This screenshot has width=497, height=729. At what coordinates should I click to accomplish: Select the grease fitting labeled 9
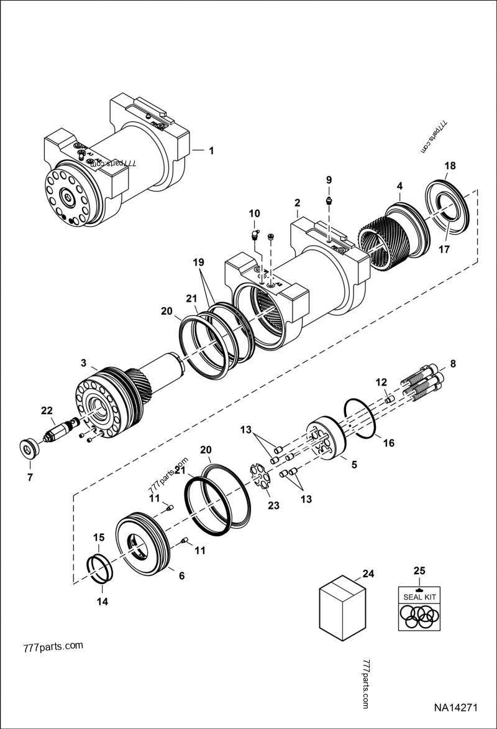click(x=329, y=201)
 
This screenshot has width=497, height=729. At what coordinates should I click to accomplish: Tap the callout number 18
click(x=450, y=165)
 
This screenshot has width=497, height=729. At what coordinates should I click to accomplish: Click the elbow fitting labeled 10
click(x=252, y=234)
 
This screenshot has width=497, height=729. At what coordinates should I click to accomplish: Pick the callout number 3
click(x=83, y=362)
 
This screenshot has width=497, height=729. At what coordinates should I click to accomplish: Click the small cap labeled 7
click(x=27, y=448)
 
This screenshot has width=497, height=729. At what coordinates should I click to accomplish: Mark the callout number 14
click(x=102, y=601)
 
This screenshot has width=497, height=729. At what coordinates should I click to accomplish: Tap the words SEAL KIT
click(x=419, y=597)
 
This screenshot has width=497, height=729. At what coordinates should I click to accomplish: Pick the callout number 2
click(x=298, y=203)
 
